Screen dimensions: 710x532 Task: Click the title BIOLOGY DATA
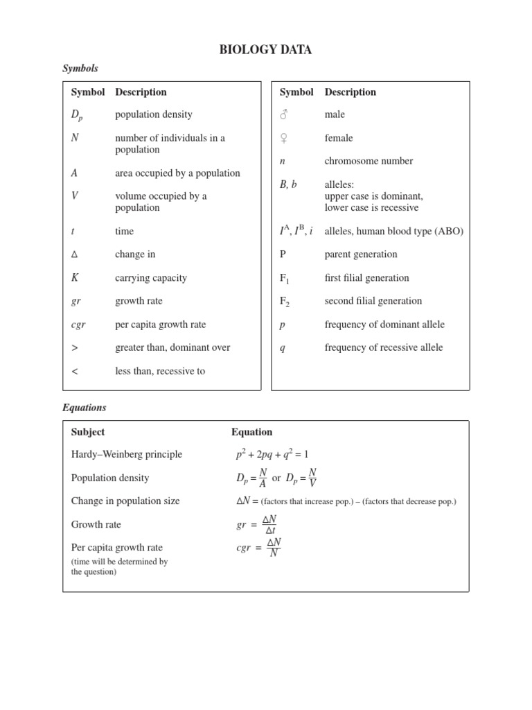(x=265, y=49)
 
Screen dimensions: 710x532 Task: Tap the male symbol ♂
(x=283, y=114)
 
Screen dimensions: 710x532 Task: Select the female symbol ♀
(x=283, y=138)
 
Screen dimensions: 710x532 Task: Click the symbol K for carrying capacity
(x=75, y=278)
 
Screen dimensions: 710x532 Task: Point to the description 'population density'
(x=154, y=114)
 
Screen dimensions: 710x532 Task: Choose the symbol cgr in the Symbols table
(x=78, y=324)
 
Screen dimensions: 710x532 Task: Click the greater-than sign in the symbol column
(x=74, y=347)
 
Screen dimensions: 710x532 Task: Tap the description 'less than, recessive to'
(x=160, y=371)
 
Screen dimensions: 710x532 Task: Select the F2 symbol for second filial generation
(x=283, y=302)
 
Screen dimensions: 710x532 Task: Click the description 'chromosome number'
(x=369, y=161)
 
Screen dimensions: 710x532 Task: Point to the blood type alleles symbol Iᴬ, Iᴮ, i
(x=296, y=231)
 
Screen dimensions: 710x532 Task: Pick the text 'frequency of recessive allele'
(x=384, y=347)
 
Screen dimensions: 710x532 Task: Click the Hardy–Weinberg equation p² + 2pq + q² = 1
(x=272, y=454)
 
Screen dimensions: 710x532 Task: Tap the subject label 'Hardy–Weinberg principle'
(x=127, y=454)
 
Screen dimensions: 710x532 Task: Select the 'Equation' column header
(x=251, y=432)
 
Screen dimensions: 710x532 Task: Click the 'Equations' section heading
(x=85, y=408)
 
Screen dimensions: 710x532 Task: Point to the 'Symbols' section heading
(x=80, y=68)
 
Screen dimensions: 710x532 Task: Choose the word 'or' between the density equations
(x=276, y=478)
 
